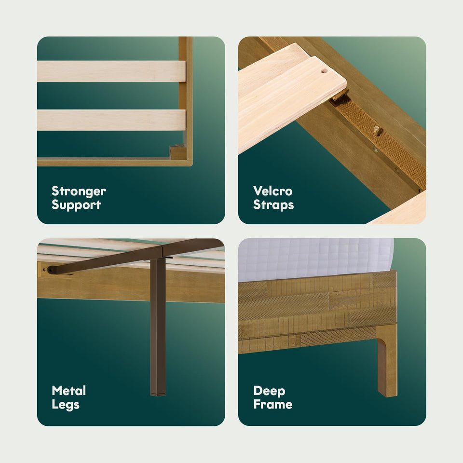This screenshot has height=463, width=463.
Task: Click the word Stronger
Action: pyautogui.click(x=79, y=191)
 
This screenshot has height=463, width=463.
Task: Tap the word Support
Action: pyautogui.click(x=76, y=205)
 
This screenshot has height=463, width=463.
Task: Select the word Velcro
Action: pyautogui.click(x=273, y=191)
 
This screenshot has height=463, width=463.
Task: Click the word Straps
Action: pyautogui.click(x=273, y=205)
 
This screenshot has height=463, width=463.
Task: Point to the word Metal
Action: pyautogui.click(x=69, y=391)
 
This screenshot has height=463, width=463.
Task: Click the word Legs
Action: pyautogui.click(x=66, y=405)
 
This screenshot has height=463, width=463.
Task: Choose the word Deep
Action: pyautogui.click(x=269, y=391)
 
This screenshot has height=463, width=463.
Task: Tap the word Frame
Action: pyautogui.click(x=273, y=404)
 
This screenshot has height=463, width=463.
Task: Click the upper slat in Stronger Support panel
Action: pyautogui.click(x=111, y=71)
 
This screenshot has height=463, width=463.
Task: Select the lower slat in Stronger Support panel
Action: pyautogui.click(x=111, y=120)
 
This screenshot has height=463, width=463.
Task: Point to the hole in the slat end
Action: pyautogui.click(x=324, y=71)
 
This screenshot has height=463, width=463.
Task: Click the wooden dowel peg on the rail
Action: pyautogui.click(x=377, y=130)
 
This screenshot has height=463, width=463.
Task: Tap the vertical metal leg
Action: pyautogui.click(x=158, y=327)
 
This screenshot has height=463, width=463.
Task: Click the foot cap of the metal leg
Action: pyautogui.click(x=158, y=394)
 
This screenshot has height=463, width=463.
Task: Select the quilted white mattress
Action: pyautogui.click(x=316, y=259)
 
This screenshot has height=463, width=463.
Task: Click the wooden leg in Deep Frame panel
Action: pyautogui.click(x=387, y=361)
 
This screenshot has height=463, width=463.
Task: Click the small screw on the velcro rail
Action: pyautogui.click(x=376, y=150)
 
